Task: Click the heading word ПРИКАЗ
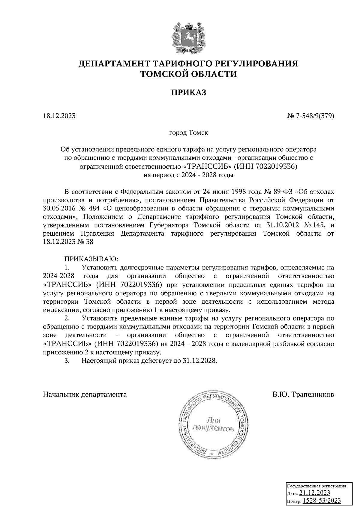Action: point(189,93)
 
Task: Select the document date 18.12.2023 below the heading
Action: point(59,116)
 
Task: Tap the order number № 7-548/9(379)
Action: point(310,116)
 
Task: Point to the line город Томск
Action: point(189,132)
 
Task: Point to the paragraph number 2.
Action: point(67,318)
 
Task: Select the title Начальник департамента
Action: point(85,394)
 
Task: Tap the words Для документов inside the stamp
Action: point(213,424)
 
